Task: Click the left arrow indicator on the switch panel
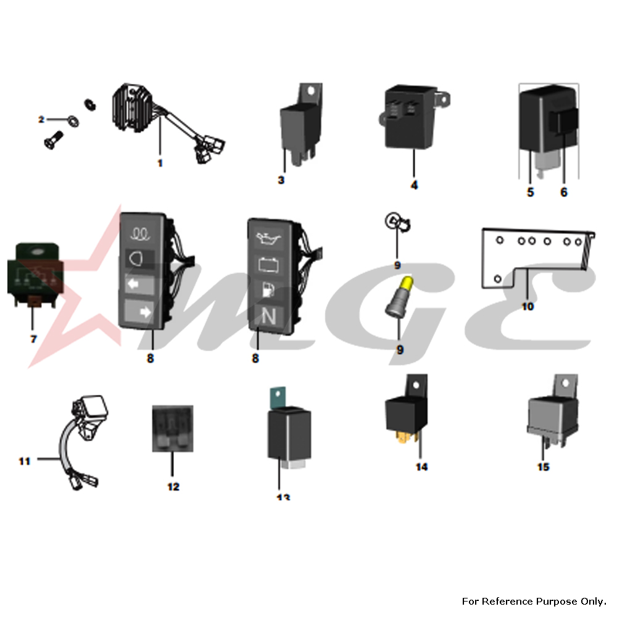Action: coord(134,284)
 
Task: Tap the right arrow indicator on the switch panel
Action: coord(145,312)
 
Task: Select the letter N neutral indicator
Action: coord(269,317)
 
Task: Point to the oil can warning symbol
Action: coord(269,238)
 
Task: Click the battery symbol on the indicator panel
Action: coord(268,265)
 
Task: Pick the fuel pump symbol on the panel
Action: coord(268,291)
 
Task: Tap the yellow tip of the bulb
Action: coord(407,283)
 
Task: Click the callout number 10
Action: coord(528,306)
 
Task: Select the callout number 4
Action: coord(414,185)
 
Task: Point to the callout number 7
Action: coord(33,339)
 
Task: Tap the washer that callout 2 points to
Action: coord(73,120)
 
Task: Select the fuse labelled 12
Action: coord(173,429)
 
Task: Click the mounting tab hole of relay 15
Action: coord(565,383)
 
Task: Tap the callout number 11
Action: coord(25,461)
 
